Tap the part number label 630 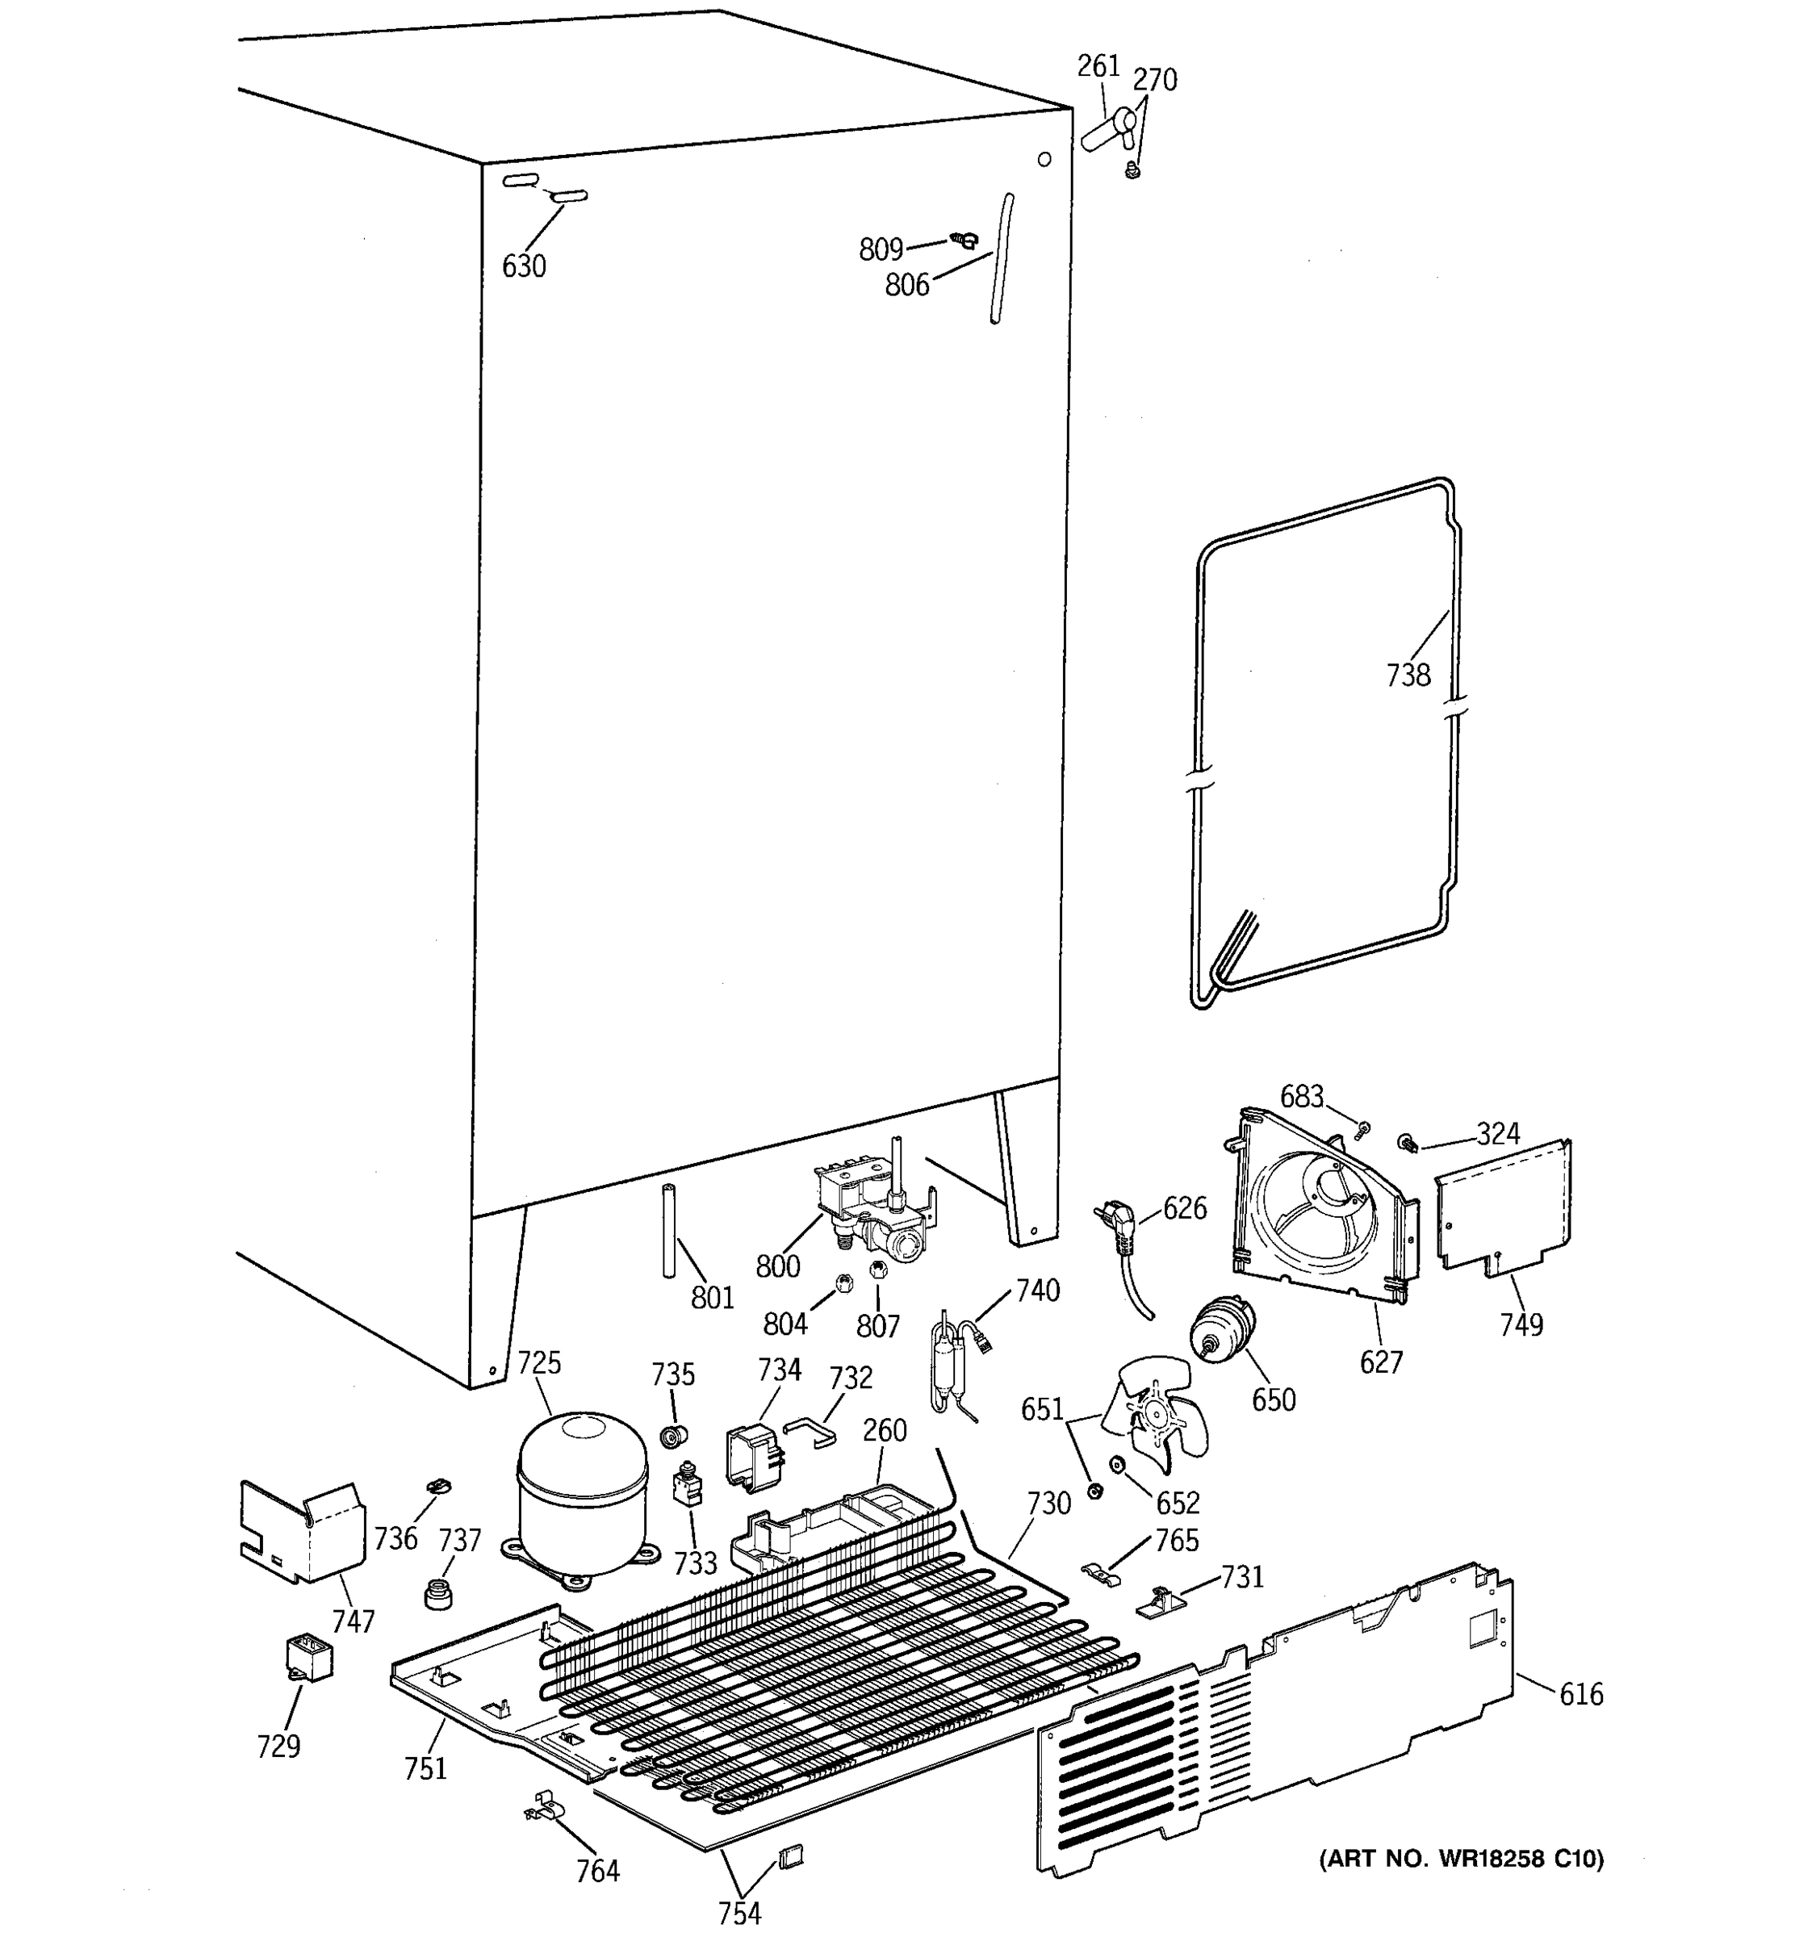(523, 266)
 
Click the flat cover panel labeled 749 (1504, 1204)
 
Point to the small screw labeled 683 (1363, 1129)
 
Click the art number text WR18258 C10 (1460, 1859)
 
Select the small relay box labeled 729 (308, 1659)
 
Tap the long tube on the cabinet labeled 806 (1002, 258)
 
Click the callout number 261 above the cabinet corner (1098, 66)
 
